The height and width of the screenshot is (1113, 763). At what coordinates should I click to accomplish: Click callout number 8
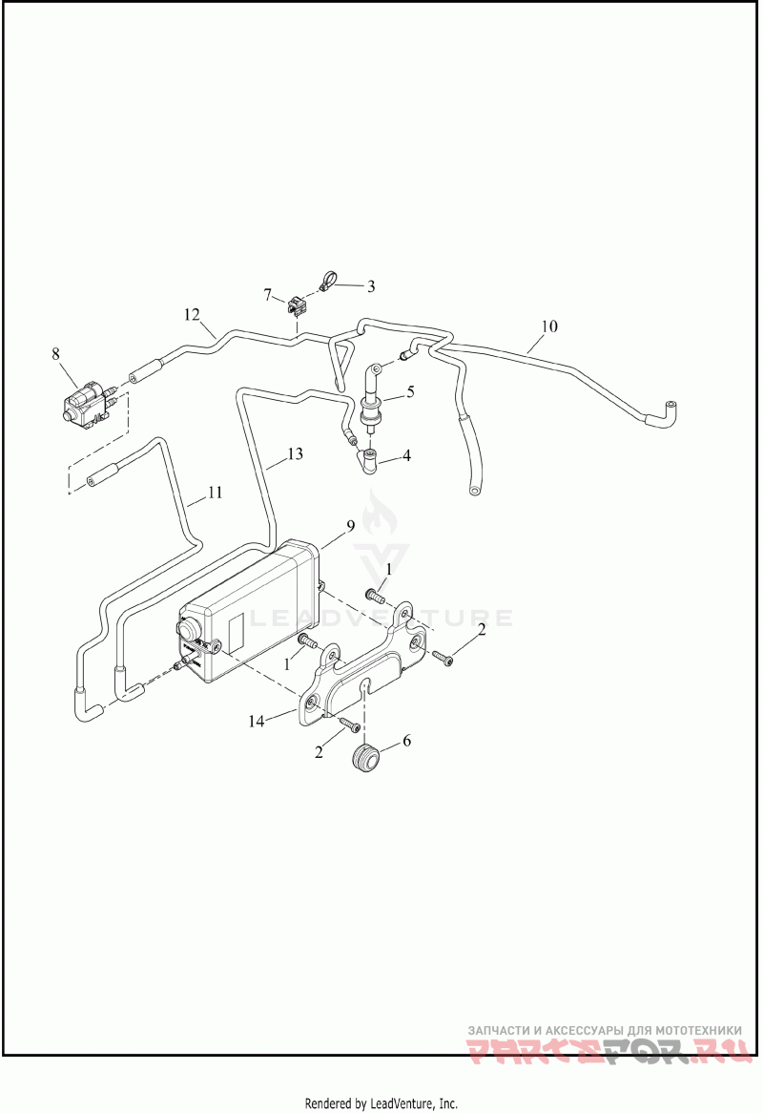55,354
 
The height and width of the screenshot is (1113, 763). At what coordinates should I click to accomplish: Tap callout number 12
192,314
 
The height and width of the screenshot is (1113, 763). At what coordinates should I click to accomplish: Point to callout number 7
268,293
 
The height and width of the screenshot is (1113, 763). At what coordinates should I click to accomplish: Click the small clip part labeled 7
295,306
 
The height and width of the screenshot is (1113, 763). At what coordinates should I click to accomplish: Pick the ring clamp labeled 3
326,281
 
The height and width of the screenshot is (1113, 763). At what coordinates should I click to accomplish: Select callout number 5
410,390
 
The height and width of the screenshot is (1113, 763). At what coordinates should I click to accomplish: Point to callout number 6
406,740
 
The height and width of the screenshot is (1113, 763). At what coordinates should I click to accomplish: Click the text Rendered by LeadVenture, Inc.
381,1103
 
